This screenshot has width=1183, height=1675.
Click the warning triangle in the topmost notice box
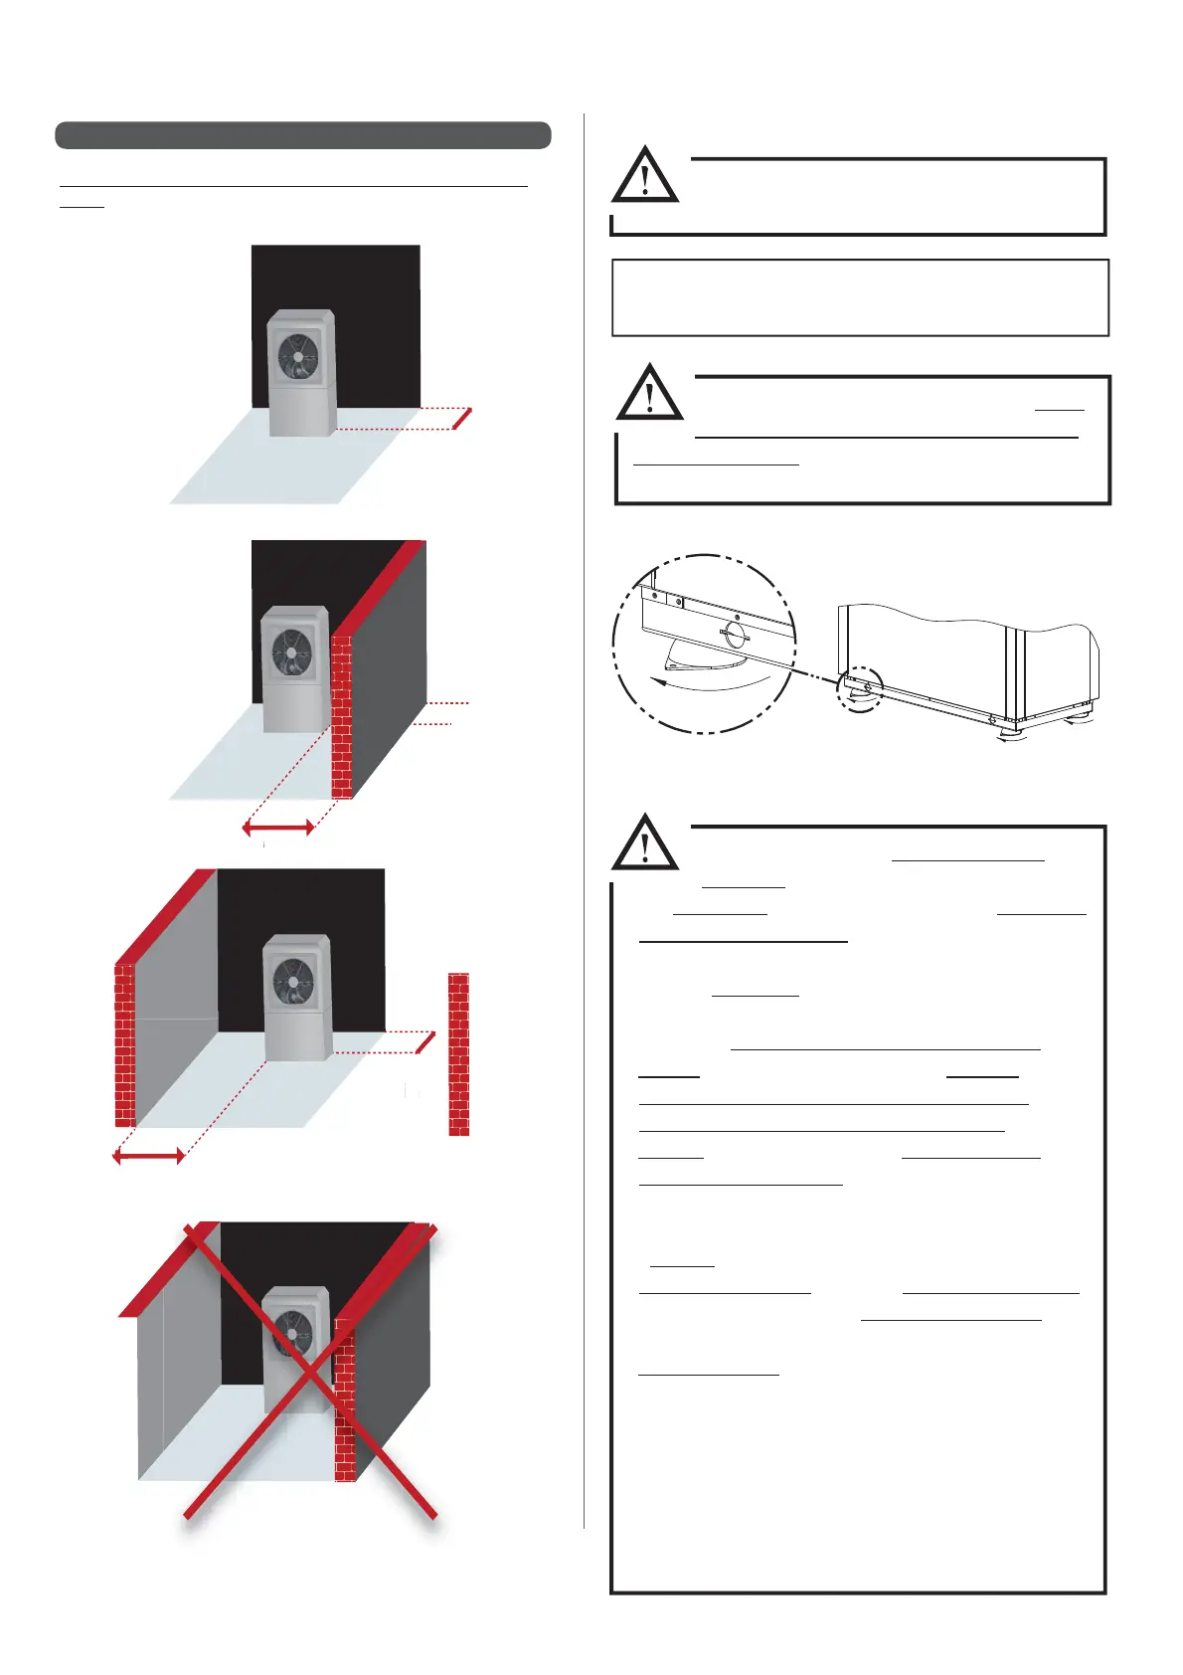pos(645,177)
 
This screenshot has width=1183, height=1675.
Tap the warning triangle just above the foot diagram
pos(649,394)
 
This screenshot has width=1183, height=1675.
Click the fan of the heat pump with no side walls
pos(298,355)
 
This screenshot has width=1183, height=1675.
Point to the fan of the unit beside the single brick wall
pos(290,653)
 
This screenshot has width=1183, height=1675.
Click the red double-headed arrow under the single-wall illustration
pos(279,827)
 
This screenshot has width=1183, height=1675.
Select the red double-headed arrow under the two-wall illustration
pos(148,1155)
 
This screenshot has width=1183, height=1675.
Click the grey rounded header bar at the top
pos(303,135)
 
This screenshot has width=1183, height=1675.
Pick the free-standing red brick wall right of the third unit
pos(458,1053)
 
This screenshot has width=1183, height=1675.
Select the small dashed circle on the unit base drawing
pos(860,688)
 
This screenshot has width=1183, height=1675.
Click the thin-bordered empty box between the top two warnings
pos(860,298)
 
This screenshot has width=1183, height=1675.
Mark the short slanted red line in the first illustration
pos(462,419)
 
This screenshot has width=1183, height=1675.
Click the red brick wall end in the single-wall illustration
pos(341,716)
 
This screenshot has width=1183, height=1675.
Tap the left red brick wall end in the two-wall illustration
pos(125,1044)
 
